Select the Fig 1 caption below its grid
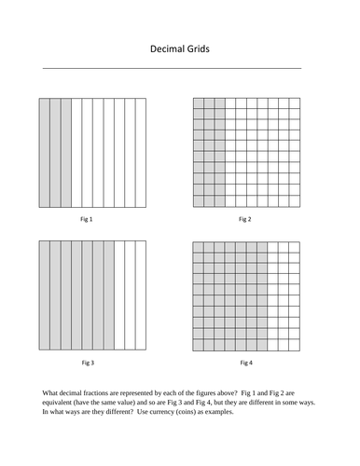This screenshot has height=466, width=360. click(87, 219)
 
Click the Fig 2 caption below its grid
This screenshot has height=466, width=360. click(245, 219)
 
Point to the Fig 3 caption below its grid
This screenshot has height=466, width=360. click(87, 361)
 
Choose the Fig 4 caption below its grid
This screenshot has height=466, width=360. click(245, 361)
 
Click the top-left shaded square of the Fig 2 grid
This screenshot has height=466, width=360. click(198, 103)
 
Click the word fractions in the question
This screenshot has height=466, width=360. click(102, 390)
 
